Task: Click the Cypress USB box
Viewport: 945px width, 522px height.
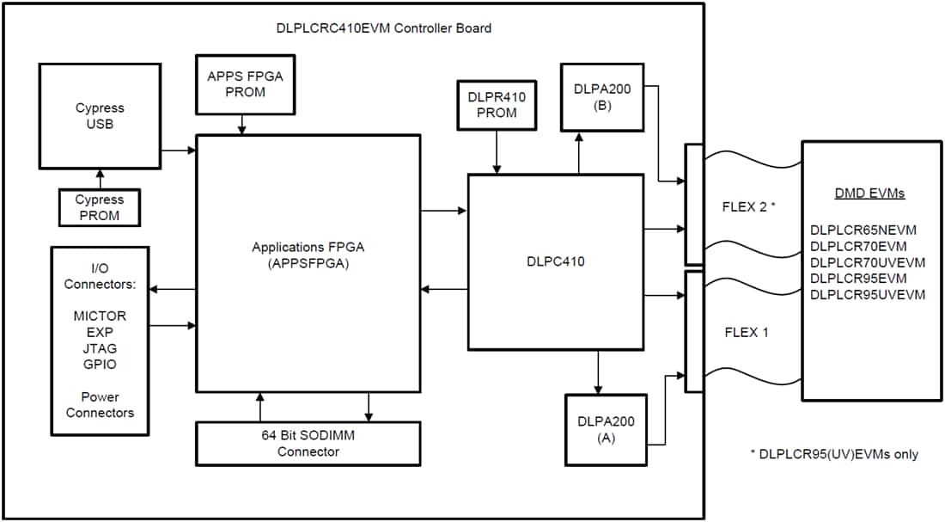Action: (x=100, y=115)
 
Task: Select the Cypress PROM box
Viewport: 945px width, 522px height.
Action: (x=100, y=207)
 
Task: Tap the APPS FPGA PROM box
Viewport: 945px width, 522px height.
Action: (x=244, y=84)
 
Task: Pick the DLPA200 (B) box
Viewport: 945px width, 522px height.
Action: (x=601, y=97)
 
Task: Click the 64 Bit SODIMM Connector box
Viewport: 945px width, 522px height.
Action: (x=308, y=444)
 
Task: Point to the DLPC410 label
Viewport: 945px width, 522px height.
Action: (x=556, y=261)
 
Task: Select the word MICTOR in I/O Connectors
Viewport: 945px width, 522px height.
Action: (x=100, y=316)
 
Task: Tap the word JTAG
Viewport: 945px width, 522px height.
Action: (x=100, y=348)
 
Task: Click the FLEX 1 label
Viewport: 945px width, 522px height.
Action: (x=747, y=332)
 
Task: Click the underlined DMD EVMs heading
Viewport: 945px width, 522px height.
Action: (x=869, y=193)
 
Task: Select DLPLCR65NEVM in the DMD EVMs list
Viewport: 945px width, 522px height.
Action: (x=863, y=230)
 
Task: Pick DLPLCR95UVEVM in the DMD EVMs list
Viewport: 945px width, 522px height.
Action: (x=868, y=295)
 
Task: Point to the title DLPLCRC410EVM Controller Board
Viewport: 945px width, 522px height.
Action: (x=384, y=28)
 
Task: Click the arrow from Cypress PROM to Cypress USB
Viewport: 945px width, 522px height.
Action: (x=100, y=179)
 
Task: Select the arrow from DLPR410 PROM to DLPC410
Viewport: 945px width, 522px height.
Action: (x=497, y=159)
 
